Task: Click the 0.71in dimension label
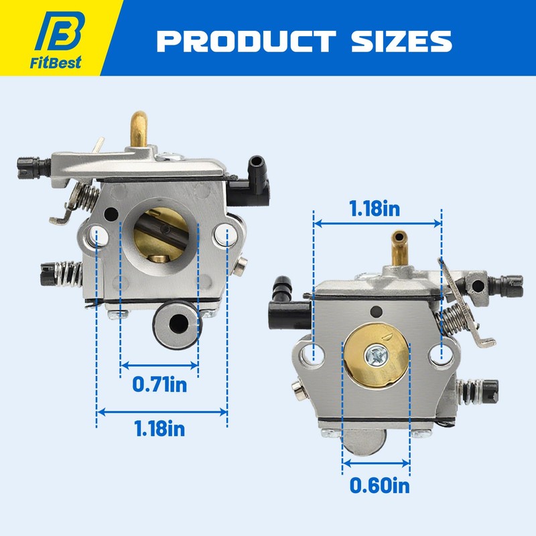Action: click(x=159, y=385)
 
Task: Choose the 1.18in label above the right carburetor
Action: click(x=375, y=208)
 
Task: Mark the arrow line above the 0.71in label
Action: click(x=159, y=366)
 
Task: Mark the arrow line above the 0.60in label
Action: click(x=376, y=462)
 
